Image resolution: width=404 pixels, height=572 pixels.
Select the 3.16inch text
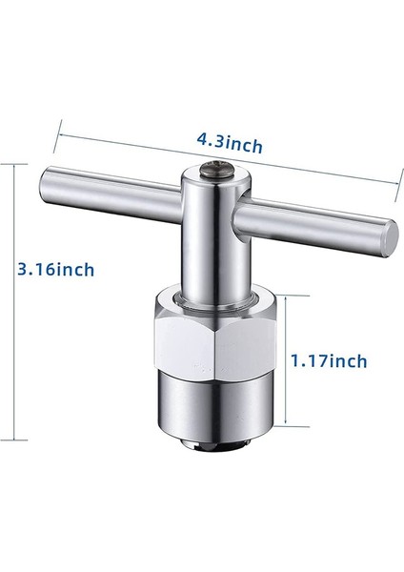click(x=56, y=270)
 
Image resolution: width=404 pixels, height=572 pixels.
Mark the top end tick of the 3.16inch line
click(x=13, y=163)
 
